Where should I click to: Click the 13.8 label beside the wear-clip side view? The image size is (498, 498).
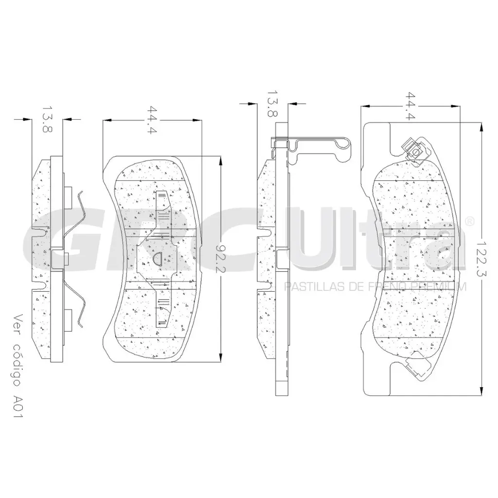click(272, 103)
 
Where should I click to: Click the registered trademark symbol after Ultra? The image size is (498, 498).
click(470, 221)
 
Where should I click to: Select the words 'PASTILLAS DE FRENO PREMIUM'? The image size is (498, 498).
click(375, 287)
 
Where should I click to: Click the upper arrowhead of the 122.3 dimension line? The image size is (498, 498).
click(481, 126)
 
